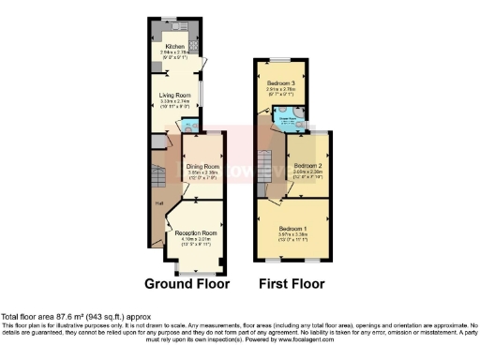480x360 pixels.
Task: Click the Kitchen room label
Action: [174, 45]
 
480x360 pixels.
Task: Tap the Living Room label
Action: [176, 95]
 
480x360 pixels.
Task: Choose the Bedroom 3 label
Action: [280, 82]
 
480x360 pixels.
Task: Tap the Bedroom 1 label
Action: [292, 227]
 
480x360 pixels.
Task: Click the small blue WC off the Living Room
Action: [190, 126]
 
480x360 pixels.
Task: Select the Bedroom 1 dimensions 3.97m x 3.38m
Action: [292, 233]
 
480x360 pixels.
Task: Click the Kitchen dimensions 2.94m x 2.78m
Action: [174, 52]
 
